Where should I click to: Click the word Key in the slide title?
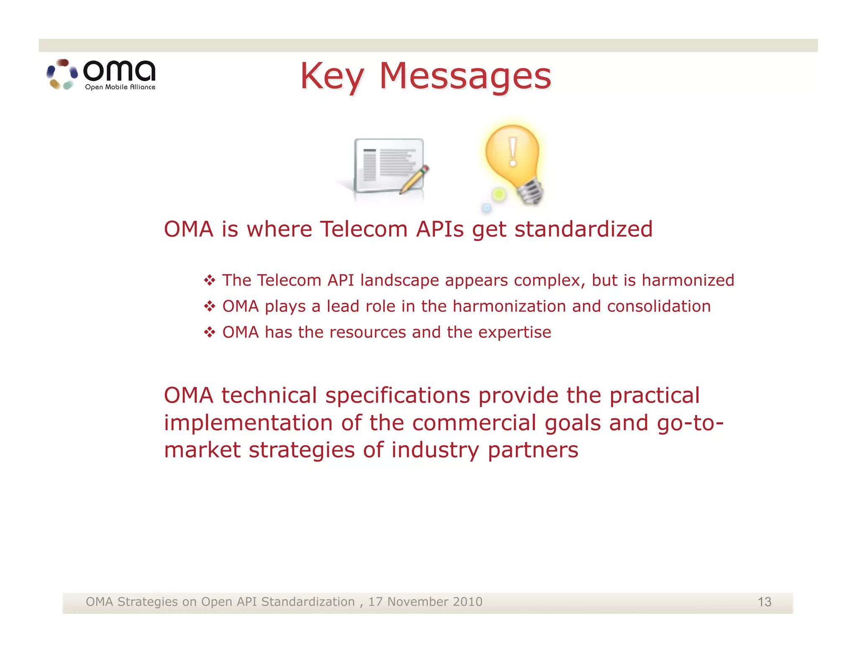(x=332, y=77)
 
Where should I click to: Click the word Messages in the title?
(x=465, y=77)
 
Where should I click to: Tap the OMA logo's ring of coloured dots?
(x=62, y=74)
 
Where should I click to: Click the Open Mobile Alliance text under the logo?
(x=120, y=87)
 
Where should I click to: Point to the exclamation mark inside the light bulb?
(x=513, y=151)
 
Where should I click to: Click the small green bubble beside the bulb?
(x=499, y=195)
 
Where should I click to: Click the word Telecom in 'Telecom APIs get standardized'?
(x=364, y=230)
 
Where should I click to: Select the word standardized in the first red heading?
(x=583, y=230)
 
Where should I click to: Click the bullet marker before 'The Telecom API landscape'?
(x=210, y=280)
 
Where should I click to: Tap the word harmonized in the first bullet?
(x=688, y=280)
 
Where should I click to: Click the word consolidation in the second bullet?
(x=659, y=306)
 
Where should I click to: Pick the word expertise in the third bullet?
(x=514, y=333)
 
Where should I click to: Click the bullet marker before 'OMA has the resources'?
(x=210, y=333)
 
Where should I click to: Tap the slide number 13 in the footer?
(x=764, y=602)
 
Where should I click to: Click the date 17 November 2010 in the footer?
(x=425, y=602)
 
